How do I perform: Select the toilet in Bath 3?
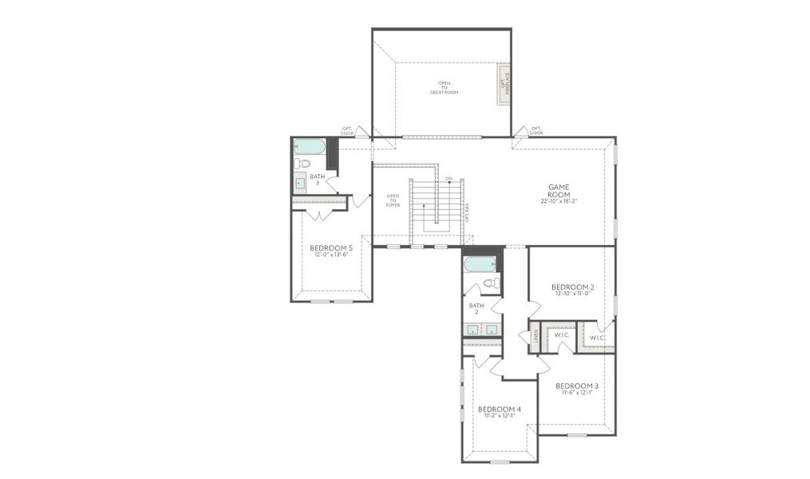[x=302, y=164]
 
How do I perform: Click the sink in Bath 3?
[x=300, y=183]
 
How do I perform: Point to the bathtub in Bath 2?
[x=480, y=263]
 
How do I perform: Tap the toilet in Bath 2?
[x=492, y=283]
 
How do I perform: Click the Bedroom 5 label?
[x=331, y=248]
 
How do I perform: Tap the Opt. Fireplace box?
[x=503, y=84]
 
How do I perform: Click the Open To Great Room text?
[x=444, y=88]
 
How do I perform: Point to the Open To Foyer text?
[x=393, y=200]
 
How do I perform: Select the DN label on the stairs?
[x=448, y=179]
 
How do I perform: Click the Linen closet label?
[x=536, y=335]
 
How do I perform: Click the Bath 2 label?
[x=476, y=308]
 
